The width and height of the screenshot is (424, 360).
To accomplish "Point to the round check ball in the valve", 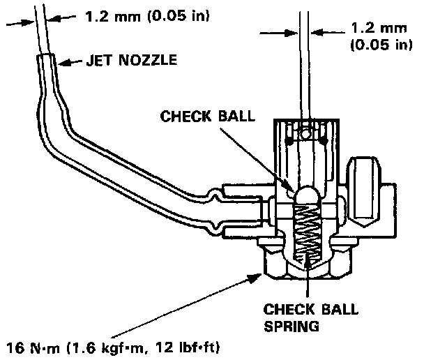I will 304,197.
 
